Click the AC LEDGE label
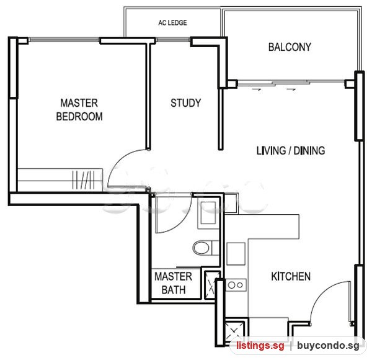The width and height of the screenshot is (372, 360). coord(172,22)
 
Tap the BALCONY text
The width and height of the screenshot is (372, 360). coord(290,47)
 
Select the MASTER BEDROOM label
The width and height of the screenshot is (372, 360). coord(79,110)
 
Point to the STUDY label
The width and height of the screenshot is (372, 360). coord(186,103)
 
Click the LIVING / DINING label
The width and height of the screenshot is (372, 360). coord(291,151)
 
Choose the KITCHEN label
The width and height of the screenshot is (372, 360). coord(291,276)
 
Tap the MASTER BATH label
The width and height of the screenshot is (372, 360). coord(174,283)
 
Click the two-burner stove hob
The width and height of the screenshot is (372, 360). coord(236,285)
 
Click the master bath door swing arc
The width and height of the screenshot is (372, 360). coord(183,223)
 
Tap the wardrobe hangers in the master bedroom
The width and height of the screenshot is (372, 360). coord(83,180)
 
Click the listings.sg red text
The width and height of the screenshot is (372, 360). coord(260,345)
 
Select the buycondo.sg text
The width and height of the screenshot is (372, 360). coord(328,345)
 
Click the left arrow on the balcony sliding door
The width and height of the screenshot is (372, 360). coord(257,89)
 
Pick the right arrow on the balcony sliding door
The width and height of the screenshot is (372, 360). coord(291,89)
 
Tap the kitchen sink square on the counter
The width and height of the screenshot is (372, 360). coord(236,254)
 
